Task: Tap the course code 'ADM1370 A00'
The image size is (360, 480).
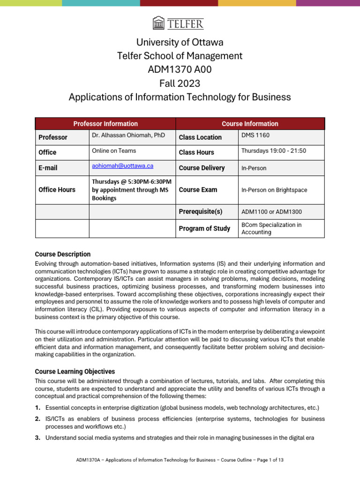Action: (180, 70)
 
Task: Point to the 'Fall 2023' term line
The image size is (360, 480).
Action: (180, 83)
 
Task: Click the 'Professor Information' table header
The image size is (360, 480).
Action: (105, 124)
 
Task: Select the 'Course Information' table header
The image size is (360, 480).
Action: (249, 124)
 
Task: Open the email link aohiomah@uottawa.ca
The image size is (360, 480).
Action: (122, 166)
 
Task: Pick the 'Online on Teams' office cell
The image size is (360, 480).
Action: (114, 150)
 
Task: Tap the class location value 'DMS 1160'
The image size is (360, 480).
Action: (255, 135)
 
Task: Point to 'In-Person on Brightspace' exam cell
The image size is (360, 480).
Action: (274, 190)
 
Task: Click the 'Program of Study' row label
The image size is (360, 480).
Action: (204, 228)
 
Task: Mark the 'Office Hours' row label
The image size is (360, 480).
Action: (57, 190)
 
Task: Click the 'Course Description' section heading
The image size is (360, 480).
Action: (63, 254)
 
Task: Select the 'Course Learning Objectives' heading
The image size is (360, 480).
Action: (75, 371)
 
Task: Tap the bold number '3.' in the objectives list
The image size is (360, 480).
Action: (38, 438)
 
